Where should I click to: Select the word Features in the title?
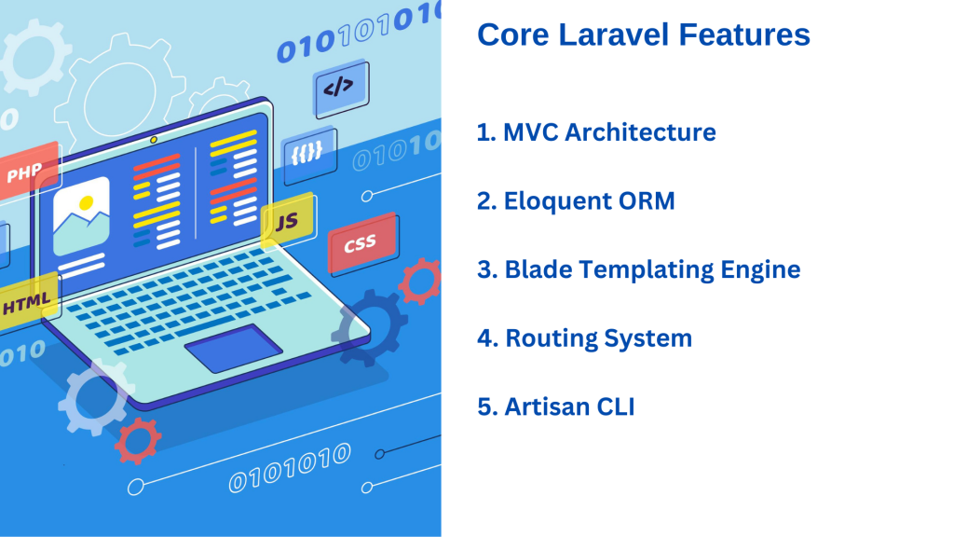click(x=744, y=34)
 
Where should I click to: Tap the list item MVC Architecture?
click(x=596, y=132)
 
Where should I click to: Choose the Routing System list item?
click(x=585, y=338)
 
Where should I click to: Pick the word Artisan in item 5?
click(x=546, y=406)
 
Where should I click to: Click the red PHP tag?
click(x=28, y=172)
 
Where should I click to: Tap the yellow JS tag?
click(x=288, y=221)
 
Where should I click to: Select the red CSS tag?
click(x=362, y=243)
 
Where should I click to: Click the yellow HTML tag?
click(x=27, y=301)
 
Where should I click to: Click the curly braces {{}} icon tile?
click(x=309, y=153)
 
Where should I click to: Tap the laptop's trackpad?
click(x=234, y=348)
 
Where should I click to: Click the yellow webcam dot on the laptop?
click(x=154, y=140)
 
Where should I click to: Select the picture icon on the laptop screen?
click(x=81, y=216)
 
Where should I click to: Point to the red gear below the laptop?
click(x=138, y=440)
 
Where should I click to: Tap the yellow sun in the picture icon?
click(x=87, y=202)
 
